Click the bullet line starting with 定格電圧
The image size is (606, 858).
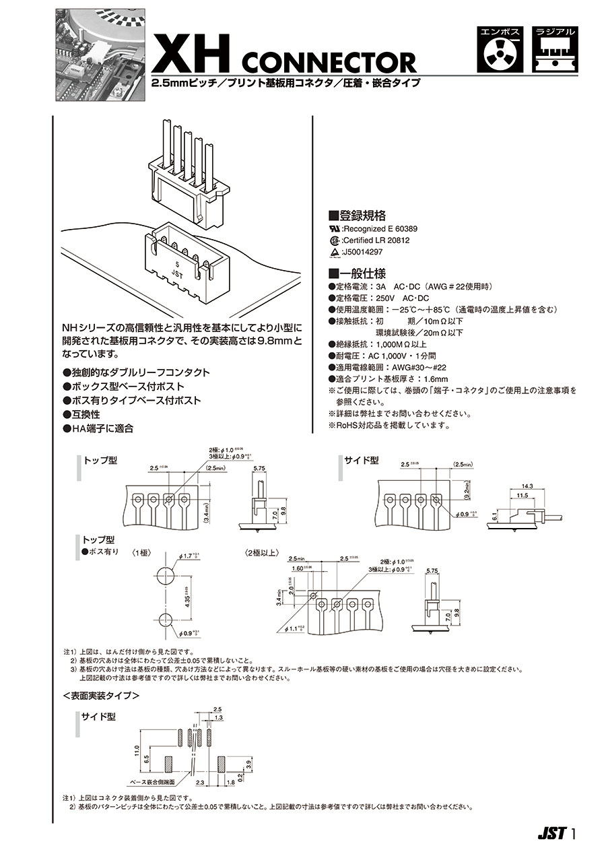[x=382, y=298]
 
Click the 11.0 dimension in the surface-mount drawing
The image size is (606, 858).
[x=136, y=750]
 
